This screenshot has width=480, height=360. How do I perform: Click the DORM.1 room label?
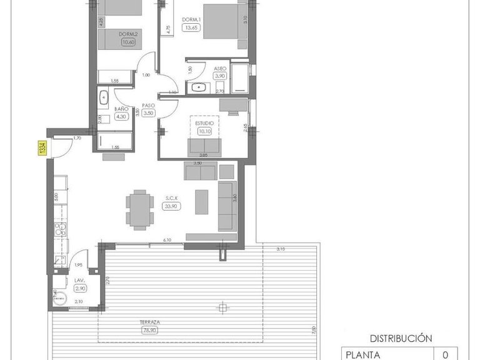(190, 19)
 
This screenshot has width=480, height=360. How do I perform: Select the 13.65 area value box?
(190, 27)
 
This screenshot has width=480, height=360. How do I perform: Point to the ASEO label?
(220, 68)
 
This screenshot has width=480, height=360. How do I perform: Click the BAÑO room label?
(121, 108)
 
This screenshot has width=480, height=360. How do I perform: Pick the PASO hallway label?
(148, 106)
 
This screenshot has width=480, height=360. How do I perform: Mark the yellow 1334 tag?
(42, 149)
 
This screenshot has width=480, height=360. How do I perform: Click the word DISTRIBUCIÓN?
(401, 338)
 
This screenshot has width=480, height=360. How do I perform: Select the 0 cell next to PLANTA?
(446, 355)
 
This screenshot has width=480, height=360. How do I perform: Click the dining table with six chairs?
(139, 209)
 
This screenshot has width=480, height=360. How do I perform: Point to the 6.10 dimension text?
(167, 240)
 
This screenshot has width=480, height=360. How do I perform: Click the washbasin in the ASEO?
(198, 87)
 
